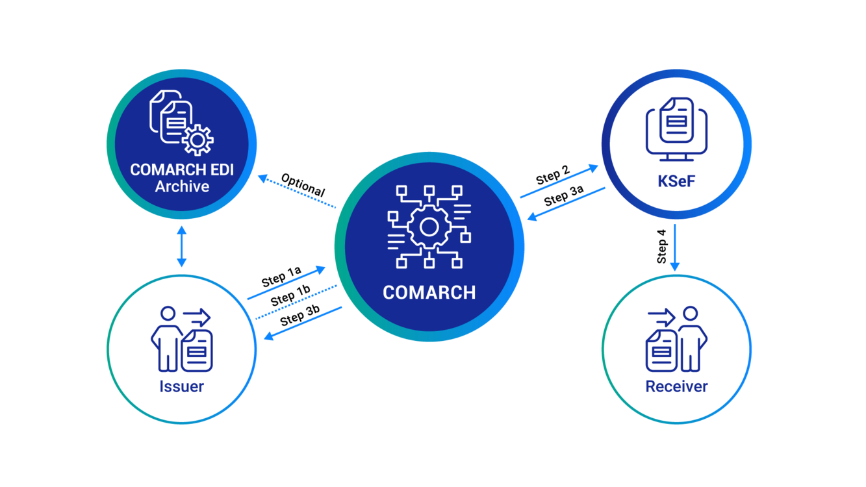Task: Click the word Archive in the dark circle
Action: pyautogui.click(x=182, y=187)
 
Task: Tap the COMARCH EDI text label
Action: pyautogui.click(x=182, y=170)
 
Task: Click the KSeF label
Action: pyautogui.click(x=676, y=182)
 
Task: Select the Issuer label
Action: pyautogui.click(x=182, y=386)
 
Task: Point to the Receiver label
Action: pyautogui.click(x=676, y=386)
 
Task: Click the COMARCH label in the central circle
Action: pyautogui.click(x=429, y=293)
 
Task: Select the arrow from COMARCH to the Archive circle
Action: pyautogui.click(x=296, y=191)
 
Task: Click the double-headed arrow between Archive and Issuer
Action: pyautogui.click(x=182, y=247)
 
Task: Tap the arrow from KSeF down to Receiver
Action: pyautogui.click(x=675, y=247)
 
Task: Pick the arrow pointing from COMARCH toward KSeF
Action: pyautogui.click(x=559, y=181)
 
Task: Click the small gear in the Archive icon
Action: pyautogui.click(x=197, y=140)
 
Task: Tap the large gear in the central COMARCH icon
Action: pyautogui.click(x=429, y=227)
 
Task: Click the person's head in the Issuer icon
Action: pyautogui.click(x=168, y=314)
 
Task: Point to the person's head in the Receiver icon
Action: pyautogui.click(x=690, y=314)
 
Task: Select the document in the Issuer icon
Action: pyautogui.click(x=197, y=351)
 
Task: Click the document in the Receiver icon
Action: pyautogui.click(x=661, y=351)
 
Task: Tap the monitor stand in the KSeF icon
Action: pyautogui.click(x=676, y=157)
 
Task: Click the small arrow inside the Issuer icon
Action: pyautogui.click(x=197, y=318)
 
